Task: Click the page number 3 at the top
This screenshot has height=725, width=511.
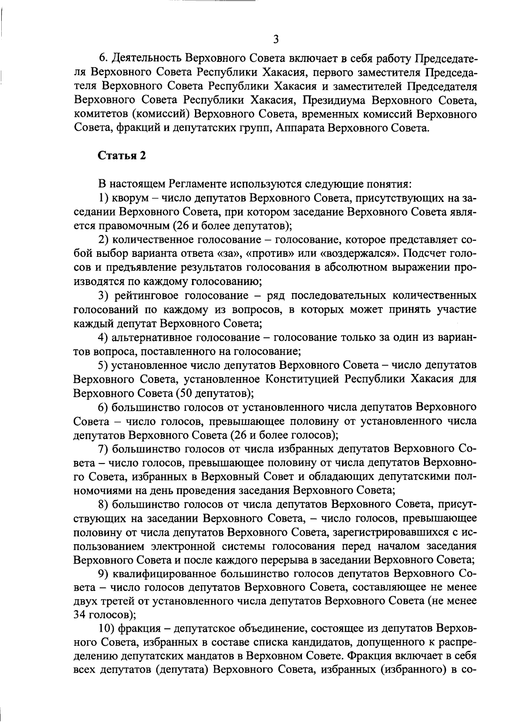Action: click(276, 40)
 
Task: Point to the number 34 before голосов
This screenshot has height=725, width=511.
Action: click(81, 615)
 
